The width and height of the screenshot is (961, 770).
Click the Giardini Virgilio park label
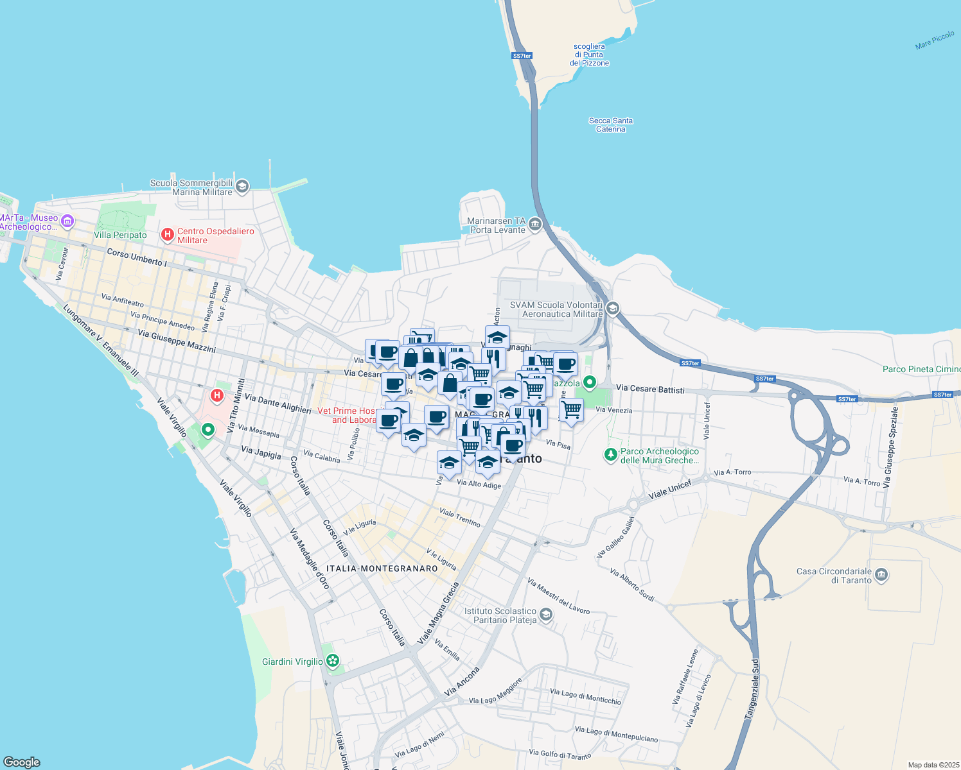292,662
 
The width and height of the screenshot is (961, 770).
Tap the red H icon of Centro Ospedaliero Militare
168,235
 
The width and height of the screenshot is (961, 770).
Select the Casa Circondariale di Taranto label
834,576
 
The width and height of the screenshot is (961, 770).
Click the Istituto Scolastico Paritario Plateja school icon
545,615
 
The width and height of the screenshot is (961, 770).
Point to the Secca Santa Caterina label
610,124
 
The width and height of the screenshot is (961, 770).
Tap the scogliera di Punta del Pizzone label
589,55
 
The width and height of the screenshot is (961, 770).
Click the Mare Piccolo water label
935,40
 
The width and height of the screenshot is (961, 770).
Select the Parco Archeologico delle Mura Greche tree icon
610,455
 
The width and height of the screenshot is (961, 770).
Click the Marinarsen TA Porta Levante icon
535,225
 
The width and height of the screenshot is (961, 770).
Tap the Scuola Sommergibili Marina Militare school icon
242,187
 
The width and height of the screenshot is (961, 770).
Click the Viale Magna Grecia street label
439,613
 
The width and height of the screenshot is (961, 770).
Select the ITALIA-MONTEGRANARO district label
382,569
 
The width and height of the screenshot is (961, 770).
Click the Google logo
21,762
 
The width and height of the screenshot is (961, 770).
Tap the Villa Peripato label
120,235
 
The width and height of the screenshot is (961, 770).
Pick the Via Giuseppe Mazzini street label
177,342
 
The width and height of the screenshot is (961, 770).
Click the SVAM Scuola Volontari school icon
612,309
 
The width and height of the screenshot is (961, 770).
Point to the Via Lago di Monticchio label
585,696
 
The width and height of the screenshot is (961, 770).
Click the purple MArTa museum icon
67,221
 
